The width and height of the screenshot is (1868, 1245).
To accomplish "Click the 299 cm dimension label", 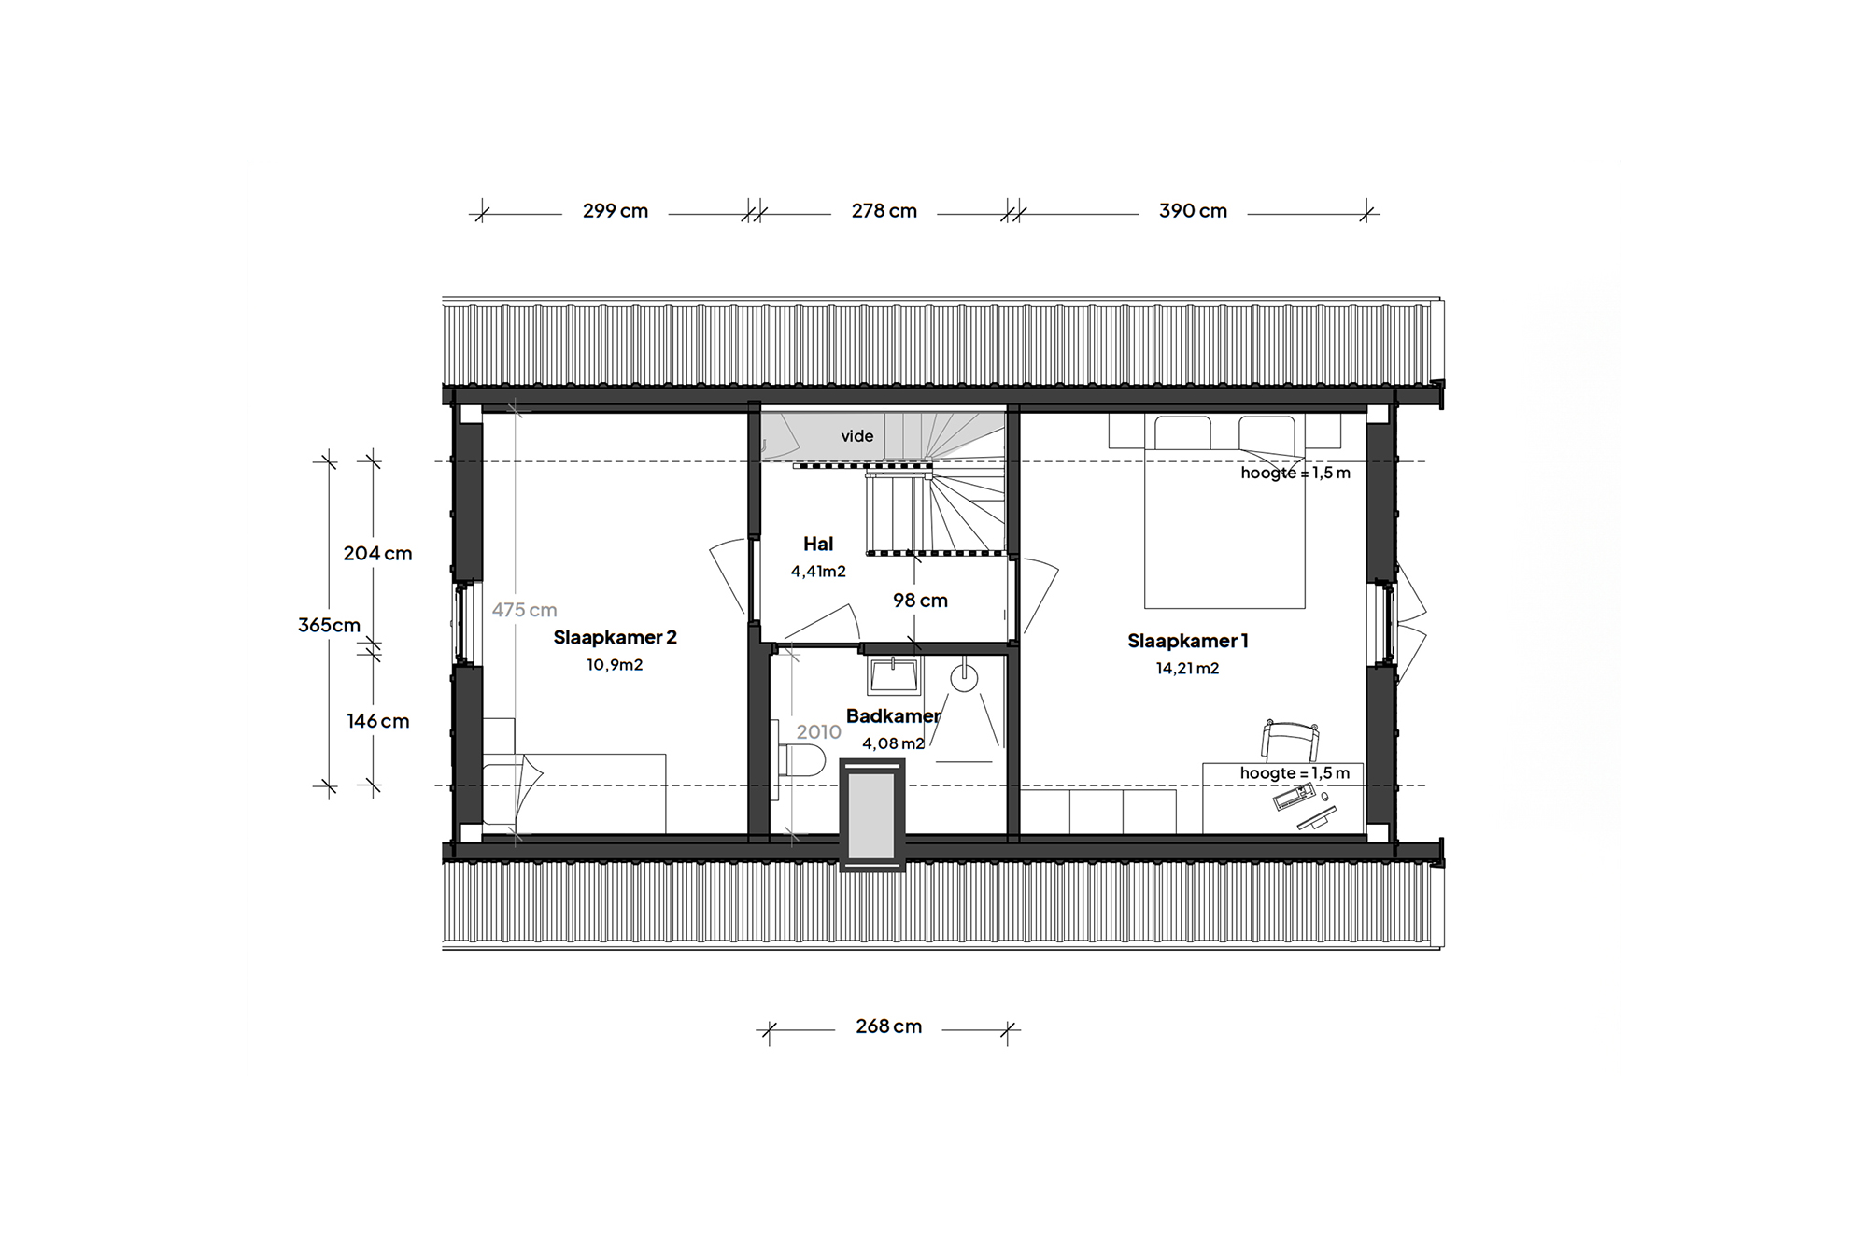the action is [x=616, y=211].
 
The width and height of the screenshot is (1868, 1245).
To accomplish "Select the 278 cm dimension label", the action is [x=884, y=211].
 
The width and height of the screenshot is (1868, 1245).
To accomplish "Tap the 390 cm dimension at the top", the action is [x=1193, y=211].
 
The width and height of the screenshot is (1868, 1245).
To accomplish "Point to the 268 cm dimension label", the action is [x=888, y=1026].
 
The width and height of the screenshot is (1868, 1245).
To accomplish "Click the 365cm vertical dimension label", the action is [x=329, y=626].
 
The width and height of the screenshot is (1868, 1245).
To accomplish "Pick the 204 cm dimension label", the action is [x=377, y=553].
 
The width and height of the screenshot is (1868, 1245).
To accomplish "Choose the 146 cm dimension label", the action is [x=377, y=721].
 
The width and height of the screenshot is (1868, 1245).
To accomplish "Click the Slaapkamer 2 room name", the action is [x=615, y=638].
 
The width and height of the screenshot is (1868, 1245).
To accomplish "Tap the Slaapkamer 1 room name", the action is [x=1187, y=641].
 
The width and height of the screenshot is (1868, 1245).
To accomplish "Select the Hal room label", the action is [x=818, y=544].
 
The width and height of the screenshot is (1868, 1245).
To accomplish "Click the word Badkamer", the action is [x=893, y=716].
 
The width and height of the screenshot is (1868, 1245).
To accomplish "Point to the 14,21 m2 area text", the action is [x=1187, y=669].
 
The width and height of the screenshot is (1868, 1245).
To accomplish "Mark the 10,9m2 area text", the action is [x=615, y=665].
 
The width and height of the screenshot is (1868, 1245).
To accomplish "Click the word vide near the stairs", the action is [x=856, y=436].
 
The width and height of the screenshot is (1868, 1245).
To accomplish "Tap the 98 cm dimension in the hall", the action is [x=920, y=601].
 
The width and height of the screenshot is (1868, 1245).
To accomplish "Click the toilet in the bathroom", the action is [x=801, y=760].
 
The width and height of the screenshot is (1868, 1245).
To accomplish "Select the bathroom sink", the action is [x=895, y=675].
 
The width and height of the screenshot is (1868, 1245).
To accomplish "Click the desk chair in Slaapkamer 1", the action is [x=1291, y=741].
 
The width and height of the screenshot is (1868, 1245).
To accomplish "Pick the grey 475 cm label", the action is [x=524, y=610].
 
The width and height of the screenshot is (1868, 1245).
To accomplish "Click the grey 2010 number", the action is [x=818, y=732].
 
